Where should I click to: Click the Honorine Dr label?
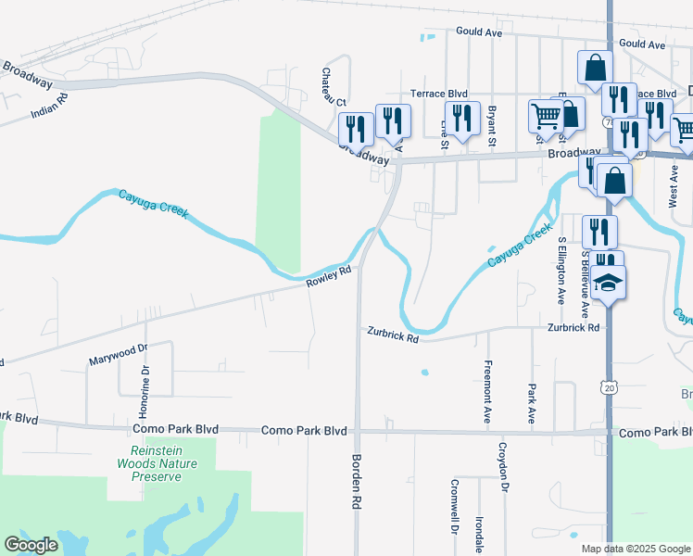(145, 390)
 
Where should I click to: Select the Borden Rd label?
(354, 482)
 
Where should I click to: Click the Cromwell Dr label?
(455, 507)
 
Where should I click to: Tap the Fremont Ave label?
(487, 392)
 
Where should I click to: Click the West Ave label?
(674, 184)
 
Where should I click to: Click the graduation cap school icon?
(609, 283)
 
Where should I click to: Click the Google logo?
(31, 546)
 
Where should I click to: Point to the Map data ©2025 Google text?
(635, 549)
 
